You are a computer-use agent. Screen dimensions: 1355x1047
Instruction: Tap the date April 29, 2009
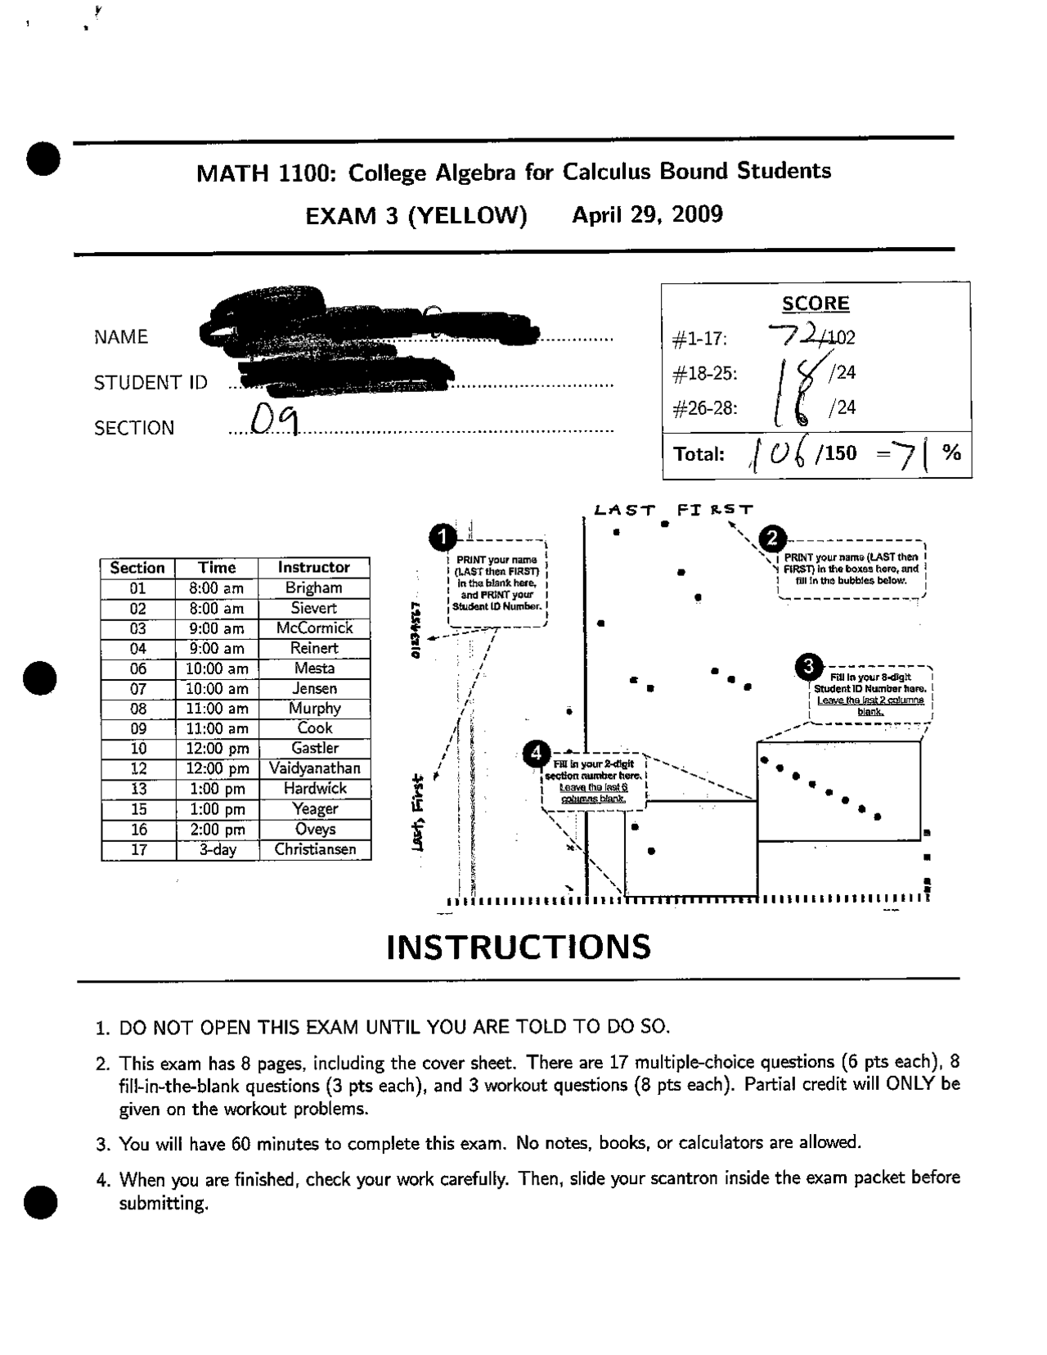647,215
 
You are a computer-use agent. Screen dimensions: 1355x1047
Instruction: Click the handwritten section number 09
273,421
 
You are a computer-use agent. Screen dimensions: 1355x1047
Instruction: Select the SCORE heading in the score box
816,304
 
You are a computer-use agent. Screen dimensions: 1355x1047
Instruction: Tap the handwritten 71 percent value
910,452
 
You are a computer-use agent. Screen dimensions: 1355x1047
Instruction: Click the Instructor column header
313,567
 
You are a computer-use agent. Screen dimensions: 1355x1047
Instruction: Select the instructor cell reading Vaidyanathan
314,768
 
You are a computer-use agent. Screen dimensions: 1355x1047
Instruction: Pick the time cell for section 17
217,849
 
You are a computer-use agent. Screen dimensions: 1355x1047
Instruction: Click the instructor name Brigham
314,587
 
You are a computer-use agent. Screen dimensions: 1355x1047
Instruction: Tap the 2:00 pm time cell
217,829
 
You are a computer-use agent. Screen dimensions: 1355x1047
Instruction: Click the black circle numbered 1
443,538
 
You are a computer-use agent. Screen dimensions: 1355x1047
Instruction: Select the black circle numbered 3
809,667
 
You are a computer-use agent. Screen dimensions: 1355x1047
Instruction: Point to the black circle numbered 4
536,753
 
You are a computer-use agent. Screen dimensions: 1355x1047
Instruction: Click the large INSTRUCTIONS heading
519,947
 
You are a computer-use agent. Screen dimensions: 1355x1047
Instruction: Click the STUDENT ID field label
151,382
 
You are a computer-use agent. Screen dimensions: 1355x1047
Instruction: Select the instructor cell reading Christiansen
315,849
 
